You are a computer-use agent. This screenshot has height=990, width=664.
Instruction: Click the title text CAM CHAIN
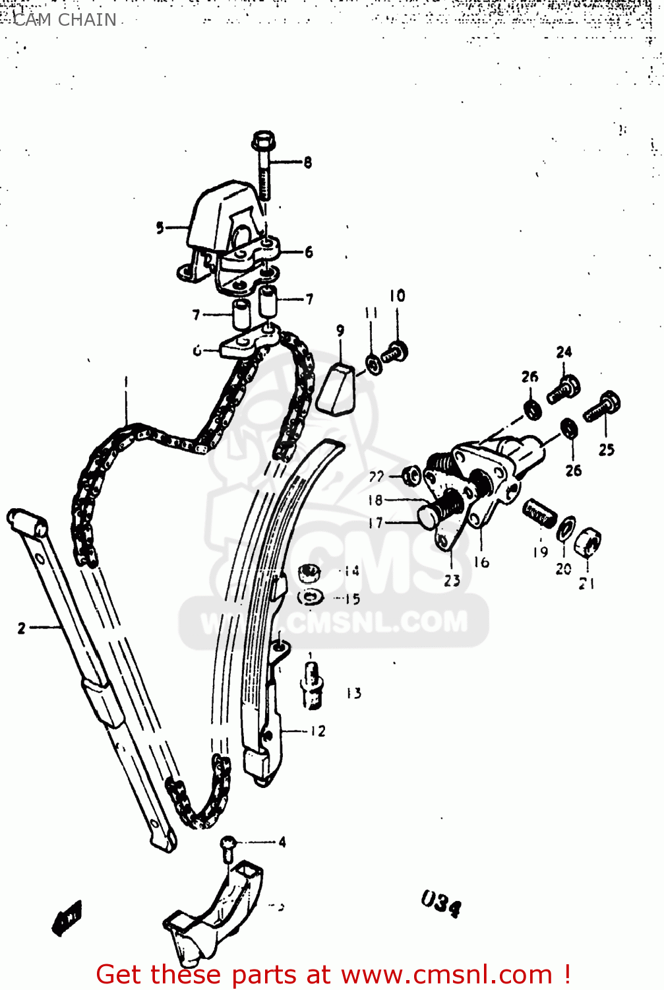pyautogui.click(x=65, y=20)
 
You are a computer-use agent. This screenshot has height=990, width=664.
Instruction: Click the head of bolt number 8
pyautogui.click(x=263, y=141)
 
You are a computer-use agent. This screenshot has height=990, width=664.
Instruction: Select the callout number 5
pyautogui.click(x=160, y=228)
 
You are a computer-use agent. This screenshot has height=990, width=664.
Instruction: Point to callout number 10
pyautogui.click(x=397, y=296)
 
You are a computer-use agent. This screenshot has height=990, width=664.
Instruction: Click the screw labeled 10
pyautogui.click(x=396, y=351)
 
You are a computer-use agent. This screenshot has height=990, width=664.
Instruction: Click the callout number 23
pyautogui.click(x=452, y=581)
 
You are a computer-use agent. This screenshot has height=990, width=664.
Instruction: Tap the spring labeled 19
pyautogui.click(x=540, y=514)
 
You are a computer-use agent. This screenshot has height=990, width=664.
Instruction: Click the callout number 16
pyautogui.click(x=481, y=562)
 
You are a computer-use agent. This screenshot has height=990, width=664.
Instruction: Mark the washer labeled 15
pyautogui.click(x=310, y=597)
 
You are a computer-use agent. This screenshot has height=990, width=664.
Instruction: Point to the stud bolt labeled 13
pyautogui.click(x=311, y=686)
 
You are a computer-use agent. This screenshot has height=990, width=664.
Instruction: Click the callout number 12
pyautogui.click(x=318, y=731)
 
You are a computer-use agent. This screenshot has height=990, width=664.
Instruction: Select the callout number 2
pyautogui.click(x=22, y=628)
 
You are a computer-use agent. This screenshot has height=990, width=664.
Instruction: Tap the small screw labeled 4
pyautogui.click(x=227, y=848)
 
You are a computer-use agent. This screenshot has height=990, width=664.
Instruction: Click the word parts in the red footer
pyautogui.click(x=263, y=974)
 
